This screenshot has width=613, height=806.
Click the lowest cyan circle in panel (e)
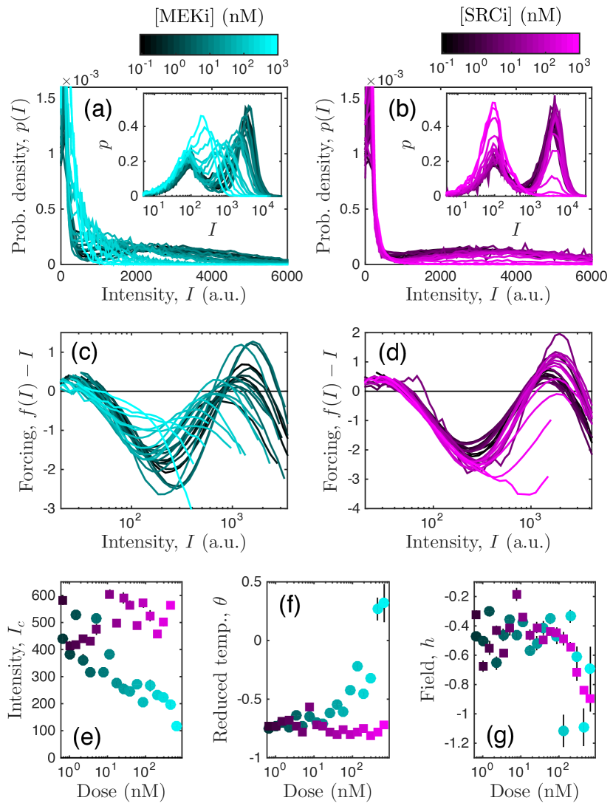tap(177, 726)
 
